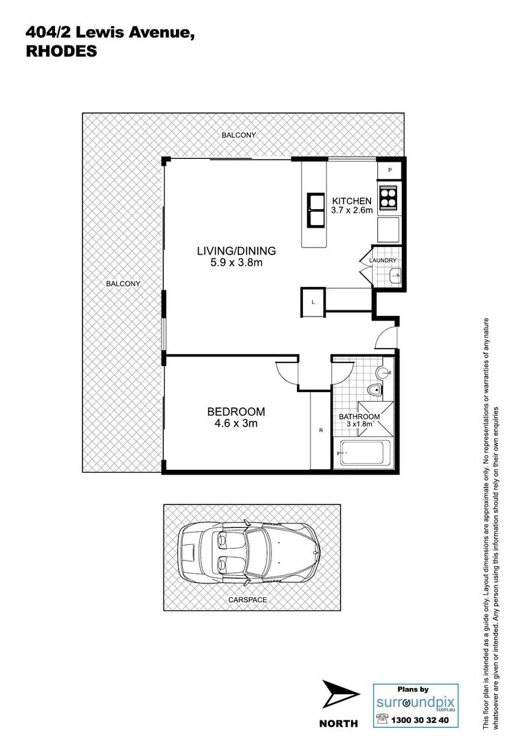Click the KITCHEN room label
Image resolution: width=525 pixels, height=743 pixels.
coord(353,200)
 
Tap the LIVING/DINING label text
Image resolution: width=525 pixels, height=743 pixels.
coord(236,250)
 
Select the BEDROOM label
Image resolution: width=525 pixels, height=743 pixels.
coord(236,412)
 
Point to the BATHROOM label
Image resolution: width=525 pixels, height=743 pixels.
coord(359,417)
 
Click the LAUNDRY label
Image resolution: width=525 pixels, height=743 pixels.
coord(383,261)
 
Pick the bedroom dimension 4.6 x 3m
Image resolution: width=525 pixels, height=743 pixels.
coord(236,424)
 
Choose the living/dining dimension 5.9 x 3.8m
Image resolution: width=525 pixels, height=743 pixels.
coord(236,262)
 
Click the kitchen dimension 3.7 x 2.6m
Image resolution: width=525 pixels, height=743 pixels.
coord(353,211)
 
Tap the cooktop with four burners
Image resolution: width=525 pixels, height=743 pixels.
coord(388,197)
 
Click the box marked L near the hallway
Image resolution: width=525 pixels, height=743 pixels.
coord(313,303)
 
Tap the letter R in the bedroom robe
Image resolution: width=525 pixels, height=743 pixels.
coord(321,431)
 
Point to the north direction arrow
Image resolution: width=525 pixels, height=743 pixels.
coord(340,696)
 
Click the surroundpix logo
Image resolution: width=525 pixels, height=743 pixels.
coord(416,702)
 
